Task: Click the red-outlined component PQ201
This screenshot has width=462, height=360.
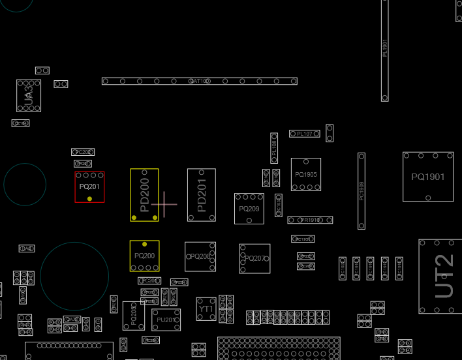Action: coord(89,187)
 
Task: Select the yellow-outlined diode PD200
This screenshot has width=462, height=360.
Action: coord(144,194)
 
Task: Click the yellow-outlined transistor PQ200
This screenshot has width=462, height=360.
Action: coord(144,256)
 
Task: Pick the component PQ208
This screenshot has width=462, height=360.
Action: coord(200,257)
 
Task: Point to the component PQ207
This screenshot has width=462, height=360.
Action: coord(254,259)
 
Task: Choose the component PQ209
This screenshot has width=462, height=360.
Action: coord(249,209)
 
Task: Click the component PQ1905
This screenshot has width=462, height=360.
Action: coord(305,174)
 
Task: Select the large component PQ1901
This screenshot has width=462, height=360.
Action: coord(428,177)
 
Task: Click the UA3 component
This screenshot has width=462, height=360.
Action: coord(28,95)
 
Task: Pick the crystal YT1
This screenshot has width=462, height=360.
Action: coord(206,309)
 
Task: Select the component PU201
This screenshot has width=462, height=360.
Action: coord(166,320)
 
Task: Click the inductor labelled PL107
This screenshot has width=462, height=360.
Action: coord(305,134)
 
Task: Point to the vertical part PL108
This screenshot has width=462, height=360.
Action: coord(274,147)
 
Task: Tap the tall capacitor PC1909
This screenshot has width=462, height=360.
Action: coord(362,190)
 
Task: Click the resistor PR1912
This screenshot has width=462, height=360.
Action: coord(311,220)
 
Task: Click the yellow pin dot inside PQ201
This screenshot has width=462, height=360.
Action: coord(89,198)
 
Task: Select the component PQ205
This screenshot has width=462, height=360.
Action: coord(133,316)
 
